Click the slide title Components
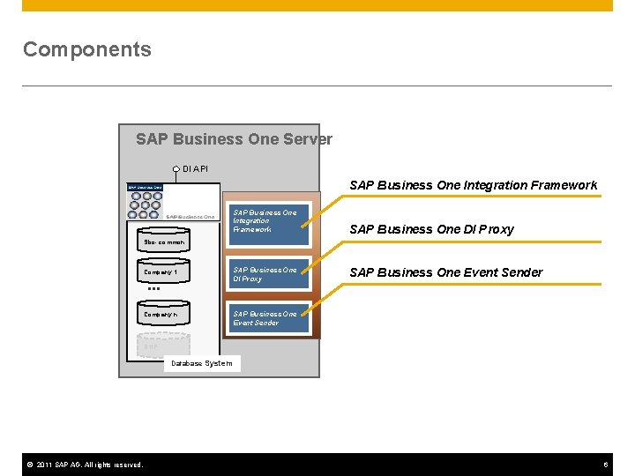(86, 49)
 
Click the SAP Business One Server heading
(234, 139)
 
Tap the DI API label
(196, 168)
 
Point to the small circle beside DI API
(176, 168)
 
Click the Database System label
(202, 363)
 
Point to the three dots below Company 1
(153, 288)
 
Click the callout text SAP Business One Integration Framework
(473, 185)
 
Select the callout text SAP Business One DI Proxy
(431, 229)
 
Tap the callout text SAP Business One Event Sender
(445, 272)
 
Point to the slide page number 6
(606, 465)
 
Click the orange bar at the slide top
(317, 5)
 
